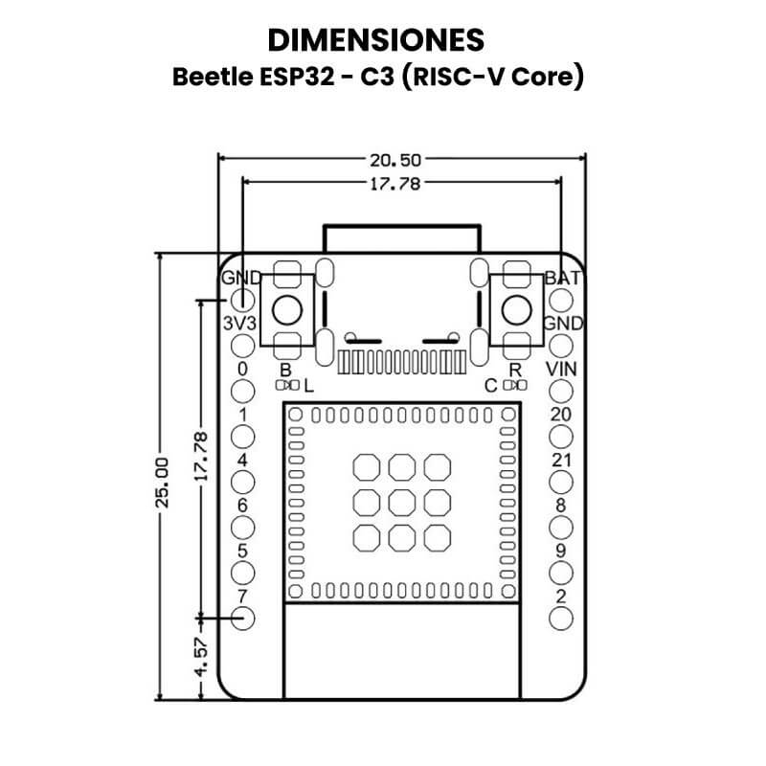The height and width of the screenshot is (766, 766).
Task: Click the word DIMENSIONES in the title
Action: (375, 40)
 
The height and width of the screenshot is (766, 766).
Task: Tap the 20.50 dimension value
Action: (395, 160)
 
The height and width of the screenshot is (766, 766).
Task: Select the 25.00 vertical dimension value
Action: (162, 483)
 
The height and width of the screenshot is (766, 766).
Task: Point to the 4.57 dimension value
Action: (201, 656)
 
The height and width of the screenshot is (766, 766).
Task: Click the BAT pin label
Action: (563, 278)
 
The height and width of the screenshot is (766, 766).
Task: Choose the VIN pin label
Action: (561, 370)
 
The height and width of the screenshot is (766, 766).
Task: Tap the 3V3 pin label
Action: (239, 324)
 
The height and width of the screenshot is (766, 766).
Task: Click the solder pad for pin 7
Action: (243, 619)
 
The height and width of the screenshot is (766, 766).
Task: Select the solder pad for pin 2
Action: (561, 619)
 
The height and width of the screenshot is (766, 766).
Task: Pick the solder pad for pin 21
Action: (561, 483)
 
